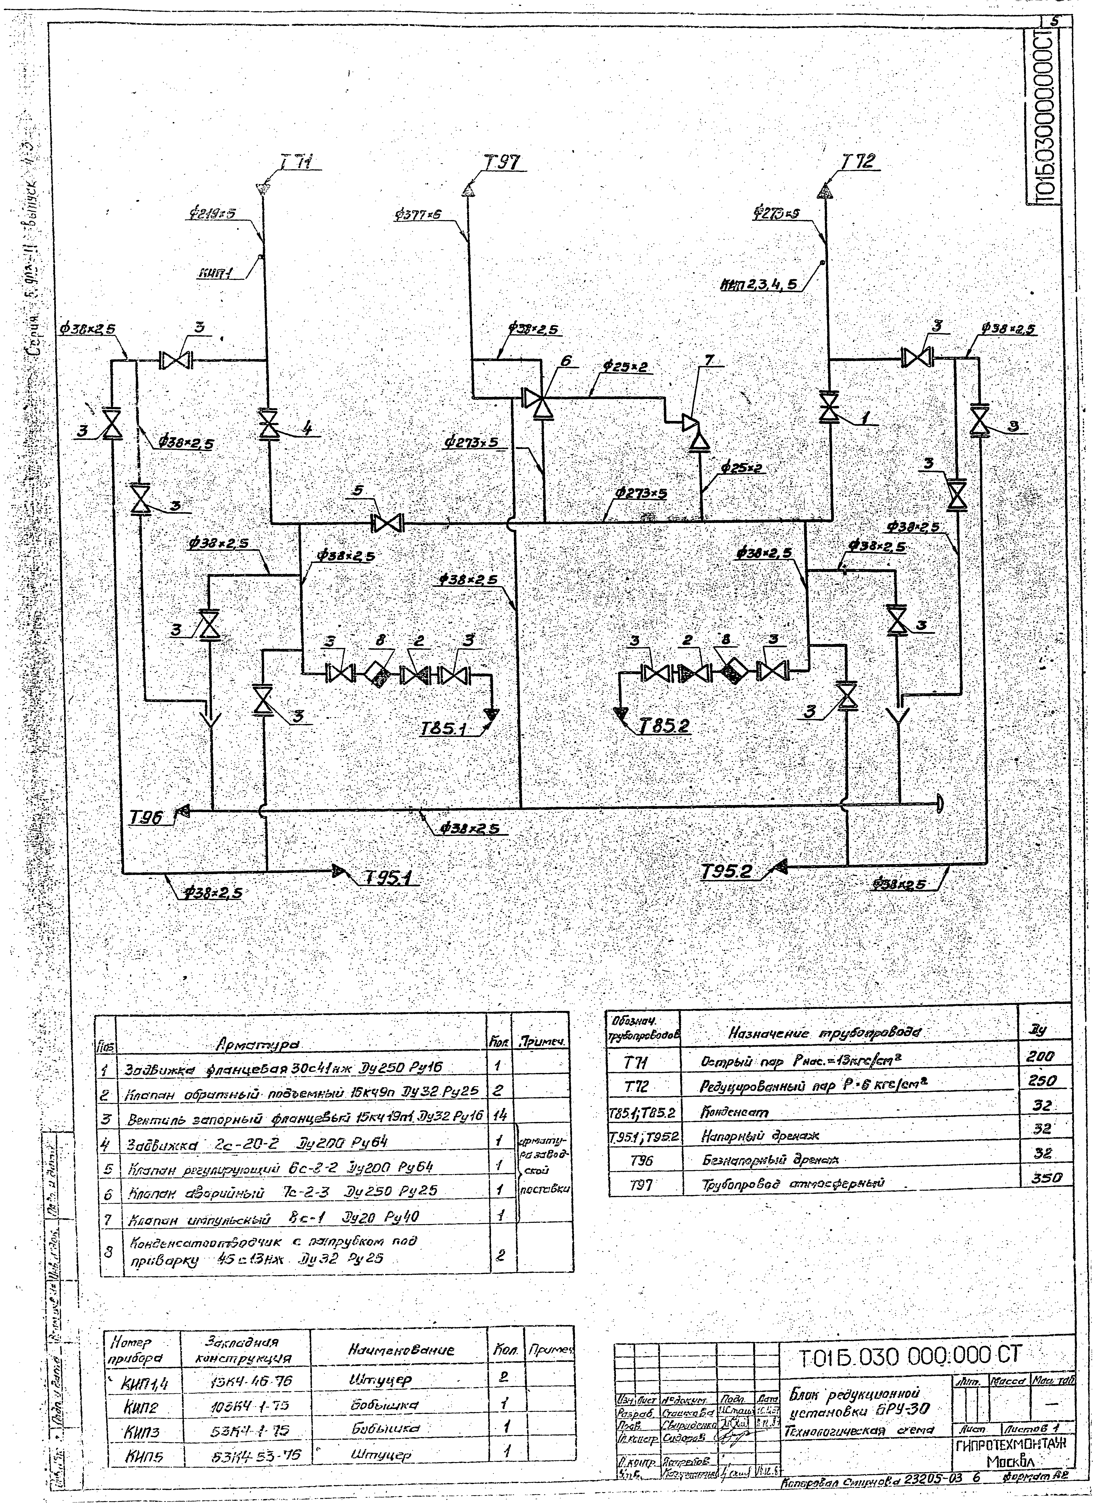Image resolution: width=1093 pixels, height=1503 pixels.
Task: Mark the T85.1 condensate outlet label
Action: (x=444, y=729)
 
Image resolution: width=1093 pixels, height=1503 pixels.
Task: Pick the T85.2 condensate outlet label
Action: (x=665, y=727)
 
